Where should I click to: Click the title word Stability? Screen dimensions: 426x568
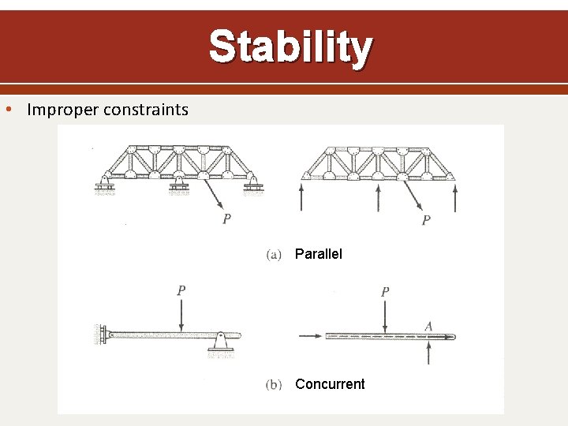[x=290, y=47]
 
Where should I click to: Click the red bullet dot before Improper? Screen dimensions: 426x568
[x=9, y=109]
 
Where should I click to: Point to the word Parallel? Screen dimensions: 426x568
[x=319, y=254]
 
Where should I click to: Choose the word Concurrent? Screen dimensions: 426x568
[x=330, y=384]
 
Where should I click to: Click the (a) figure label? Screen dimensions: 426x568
[x=274, y=254]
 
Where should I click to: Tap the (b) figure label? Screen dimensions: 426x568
[x=274, y=385]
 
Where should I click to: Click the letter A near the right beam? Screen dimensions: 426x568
[x=428, y=326]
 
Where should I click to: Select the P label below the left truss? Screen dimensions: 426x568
[x=226, y=219]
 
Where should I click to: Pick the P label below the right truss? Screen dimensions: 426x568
[x=426, y=220]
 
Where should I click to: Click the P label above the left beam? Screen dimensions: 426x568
[x=181, y=290]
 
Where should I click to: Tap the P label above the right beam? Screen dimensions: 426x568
[x=384, y=292]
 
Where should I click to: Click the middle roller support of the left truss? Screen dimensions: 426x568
[x=179, y=186]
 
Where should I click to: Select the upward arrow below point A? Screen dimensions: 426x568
[x=428, y=351]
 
